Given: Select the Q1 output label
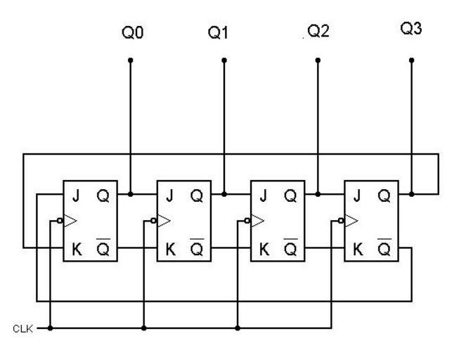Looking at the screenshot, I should coord(219,33).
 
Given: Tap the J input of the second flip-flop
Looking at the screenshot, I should coord(169,195).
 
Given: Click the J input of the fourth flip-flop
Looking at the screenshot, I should coord(356,195).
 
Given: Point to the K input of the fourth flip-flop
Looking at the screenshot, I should coord(356,247).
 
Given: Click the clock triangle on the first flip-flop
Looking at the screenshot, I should coord(70,221).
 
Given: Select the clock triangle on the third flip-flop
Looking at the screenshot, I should coord(257,221).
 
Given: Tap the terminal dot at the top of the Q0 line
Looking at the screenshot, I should coord(130,60).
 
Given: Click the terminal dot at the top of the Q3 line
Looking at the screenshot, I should coord(411,60).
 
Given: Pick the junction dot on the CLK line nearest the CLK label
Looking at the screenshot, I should coord(51,328).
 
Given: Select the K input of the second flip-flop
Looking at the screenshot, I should coord(169,247).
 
